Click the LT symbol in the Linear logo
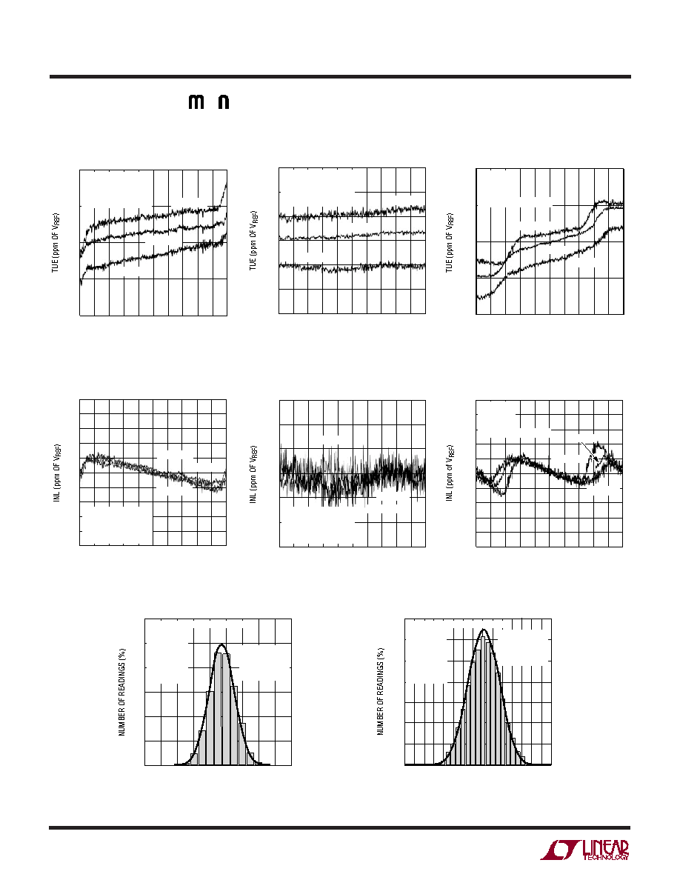(559, 850)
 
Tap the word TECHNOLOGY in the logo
(606, 857)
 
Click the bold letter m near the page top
(196, 102)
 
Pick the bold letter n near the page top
(223, 102)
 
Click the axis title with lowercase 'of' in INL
(450, 473)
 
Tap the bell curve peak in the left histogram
(221, 644)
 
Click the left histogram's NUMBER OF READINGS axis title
(121, 692)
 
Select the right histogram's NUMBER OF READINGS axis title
(381, 691)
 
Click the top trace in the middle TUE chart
(353, 212)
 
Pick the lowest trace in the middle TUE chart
(353, 267)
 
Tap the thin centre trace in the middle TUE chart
(353, 235)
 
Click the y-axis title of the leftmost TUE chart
(56, 243)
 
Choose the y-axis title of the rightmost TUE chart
(450, 242)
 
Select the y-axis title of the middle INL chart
(253, 473)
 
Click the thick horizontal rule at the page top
(340, 77)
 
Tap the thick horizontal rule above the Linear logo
(339, 827)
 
